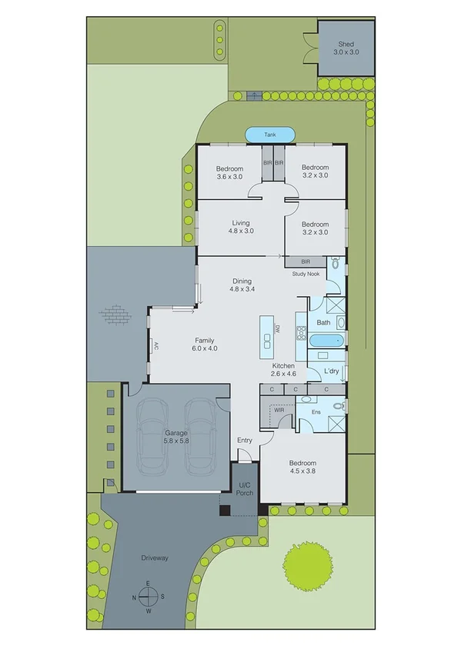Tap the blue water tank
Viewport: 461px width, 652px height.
click(x=269, y=135)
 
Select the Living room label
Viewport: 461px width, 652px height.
click(x=240, y=227)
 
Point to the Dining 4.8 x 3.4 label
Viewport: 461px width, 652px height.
click(x=242, y=285)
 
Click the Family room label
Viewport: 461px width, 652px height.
click(x=204, y=344)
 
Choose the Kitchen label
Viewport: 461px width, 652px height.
click(x=283, y=369)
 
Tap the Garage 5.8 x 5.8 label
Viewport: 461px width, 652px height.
click(x=175, y=437)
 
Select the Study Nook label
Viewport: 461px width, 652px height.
click(x=306, y=274)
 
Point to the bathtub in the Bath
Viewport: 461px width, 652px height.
click(x=326, y=340)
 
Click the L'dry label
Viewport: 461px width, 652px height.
click(x=331, y=371)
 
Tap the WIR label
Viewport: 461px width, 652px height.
click(x=279, y=411)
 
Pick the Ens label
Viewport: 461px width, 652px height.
click(x=316, y=413)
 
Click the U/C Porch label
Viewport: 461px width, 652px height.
click(x=245, y=489)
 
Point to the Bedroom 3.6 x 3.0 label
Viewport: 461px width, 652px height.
click(x=229, y=172)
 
